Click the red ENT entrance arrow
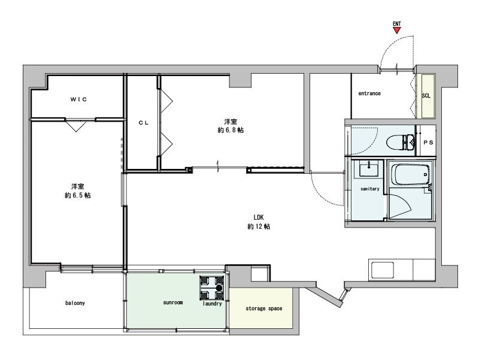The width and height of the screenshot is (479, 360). [x=396, y=31]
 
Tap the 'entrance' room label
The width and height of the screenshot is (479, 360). [x=369, y=93]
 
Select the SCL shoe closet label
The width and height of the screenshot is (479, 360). [x=426, y=96]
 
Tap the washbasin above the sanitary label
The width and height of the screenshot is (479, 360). [x=368, y=170]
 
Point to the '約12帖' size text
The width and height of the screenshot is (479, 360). [x=259, y=227]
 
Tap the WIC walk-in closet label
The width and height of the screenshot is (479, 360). [x=77, y=99]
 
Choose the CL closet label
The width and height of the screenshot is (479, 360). [x=143, y=122]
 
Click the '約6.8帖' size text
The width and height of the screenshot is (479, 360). [x=231, y=130]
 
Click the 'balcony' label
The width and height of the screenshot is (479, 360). [x=75, y=303]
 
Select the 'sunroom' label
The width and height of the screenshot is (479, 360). [x=172, y=303]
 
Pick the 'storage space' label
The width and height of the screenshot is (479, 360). [x=264, y=309]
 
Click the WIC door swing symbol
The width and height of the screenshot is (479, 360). [x=75, y=126]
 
